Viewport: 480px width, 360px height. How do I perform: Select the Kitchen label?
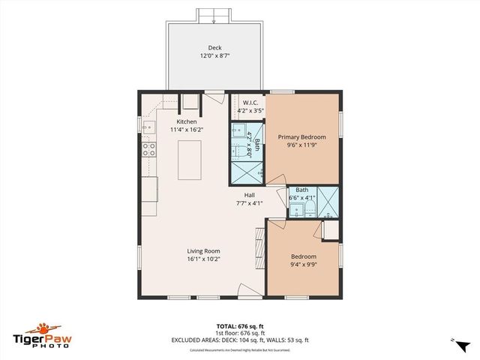(x=187, y=121)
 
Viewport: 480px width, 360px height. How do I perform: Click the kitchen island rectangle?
(x=188, y=159)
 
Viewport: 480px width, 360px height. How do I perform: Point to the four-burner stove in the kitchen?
(x=148, y=149)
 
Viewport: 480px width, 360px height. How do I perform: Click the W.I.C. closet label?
(x=250, y=102)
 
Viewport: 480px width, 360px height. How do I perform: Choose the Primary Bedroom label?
(x=302, y=137)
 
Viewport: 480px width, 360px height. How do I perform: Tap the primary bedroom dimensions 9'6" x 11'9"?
(x=302, y=145)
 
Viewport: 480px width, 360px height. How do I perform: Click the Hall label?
(x=250, y=195)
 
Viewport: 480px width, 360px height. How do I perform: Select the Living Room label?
(x=203, y=251)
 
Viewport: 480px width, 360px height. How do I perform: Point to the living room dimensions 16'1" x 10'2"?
(x=203, y=259)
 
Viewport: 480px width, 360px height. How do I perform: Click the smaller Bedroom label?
(x=303, y=256)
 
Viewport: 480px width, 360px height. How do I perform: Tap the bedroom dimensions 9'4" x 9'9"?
(x=303, y=265)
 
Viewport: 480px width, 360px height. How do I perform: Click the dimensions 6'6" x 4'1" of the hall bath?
(x=301, y=198)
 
